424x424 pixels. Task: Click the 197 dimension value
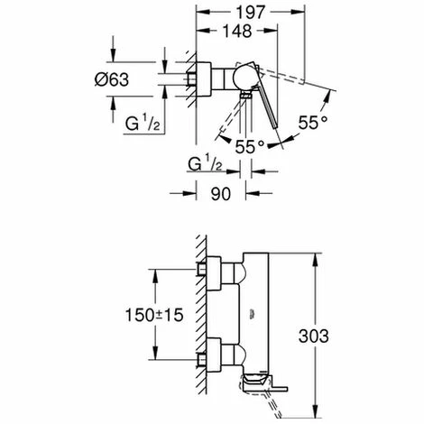click(x=250, y=13)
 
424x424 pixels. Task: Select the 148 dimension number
click(x=237, y=31)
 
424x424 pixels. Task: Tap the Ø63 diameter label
click(x=112, y=79)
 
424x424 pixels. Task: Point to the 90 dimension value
click(x=221, y=194)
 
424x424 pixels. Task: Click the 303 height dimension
click(x=313, y=336)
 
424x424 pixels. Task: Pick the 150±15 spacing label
click(x=154, y=315)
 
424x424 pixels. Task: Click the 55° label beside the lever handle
click(x=313, y=123)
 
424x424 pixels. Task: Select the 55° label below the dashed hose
click(x=250, y=147)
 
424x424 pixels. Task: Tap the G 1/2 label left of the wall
click(x=143, y=124)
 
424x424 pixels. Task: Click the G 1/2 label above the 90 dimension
click(x=206, y=163)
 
